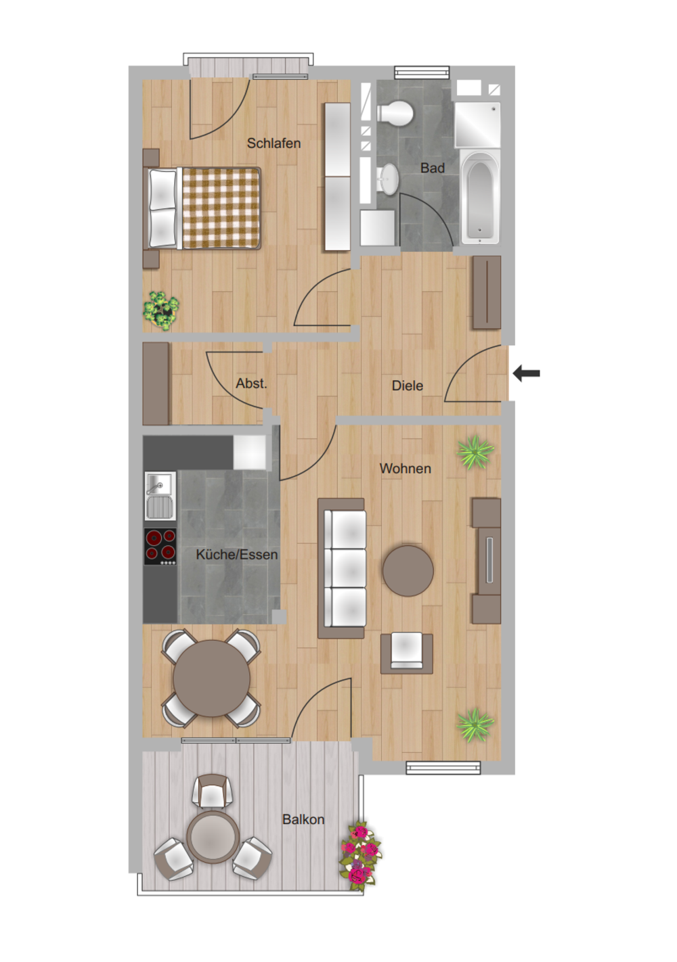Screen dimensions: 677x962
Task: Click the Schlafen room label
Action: coord(274,143)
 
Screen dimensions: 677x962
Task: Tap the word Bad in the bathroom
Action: coord(432,168)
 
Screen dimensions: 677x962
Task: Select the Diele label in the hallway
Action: coord(407,386)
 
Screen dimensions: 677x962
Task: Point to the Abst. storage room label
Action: coord(251,383)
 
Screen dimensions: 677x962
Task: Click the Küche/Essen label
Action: coord(237,555)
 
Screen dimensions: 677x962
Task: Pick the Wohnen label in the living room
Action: coord(405,469)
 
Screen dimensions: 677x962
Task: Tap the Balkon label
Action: coord(303,819)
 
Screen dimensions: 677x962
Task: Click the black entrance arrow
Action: coord(526,373)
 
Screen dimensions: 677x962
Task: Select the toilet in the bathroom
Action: coord(395,114)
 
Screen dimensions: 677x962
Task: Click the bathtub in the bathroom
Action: coord(481,197)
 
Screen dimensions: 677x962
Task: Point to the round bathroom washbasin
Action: coord(389,179)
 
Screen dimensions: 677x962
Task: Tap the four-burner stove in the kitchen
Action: coord(160,546)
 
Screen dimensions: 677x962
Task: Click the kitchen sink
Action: coord(160,496)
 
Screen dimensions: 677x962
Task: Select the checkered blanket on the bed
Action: coord(221,208)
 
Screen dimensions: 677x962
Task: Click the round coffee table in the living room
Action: coord(408,571)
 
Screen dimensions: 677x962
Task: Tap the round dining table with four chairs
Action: coord(211,678)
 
